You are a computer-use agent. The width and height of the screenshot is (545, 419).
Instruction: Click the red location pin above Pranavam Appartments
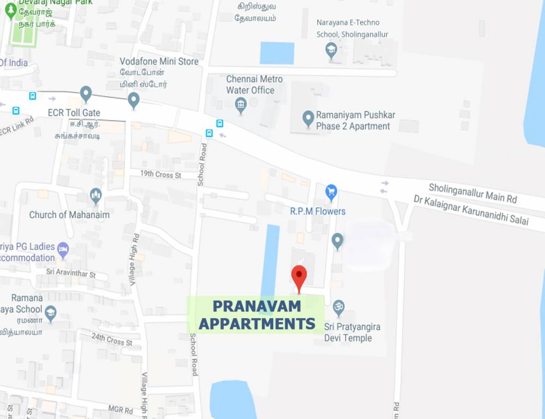point(299,277)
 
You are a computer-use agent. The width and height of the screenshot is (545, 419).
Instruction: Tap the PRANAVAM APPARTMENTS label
point(256,315)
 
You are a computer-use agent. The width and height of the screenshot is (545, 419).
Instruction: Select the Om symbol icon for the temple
point(339,307)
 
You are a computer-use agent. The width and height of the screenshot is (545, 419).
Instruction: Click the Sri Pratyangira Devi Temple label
point(352,332)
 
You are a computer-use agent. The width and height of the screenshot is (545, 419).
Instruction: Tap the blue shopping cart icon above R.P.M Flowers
point(331,192)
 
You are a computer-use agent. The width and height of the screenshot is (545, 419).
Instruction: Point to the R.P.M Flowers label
point(318,211)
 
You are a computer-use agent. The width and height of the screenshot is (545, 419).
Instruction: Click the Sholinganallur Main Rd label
point(472,193)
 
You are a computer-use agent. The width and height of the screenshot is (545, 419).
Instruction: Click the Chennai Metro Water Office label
point(254,85)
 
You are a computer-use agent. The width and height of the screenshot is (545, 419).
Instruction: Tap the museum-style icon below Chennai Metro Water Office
point(241,105)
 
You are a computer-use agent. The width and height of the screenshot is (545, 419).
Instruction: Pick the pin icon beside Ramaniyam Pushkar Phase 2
point(308,118)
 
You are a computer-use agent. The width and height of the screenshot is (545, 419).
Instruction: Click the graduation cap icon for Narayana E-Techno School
point(331,51)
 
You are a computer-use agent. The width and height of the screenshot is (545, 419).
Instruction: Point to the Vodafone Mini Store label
point(159,62)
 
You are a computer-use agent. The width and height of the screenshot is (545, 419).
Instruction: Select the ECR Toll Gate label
point(74,113)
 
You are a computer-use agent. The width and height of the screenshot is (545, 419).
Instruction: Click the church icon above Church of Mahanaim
point(96,196)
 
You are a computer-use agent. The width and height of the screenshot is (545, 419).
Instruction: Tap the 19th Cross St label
point(160,175)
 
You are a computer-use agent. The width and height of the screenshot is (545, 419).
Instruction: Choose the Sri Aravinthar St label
point(71,272)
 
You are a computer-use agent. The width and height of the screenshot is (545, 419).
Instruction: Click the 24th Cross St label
point(112,339)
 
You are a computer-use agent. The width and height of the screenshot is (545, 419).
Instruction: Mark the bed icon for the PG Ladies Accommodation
point(63,250)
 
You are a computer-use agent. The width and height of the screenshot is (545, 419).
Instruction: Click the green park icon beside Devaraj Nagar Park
point(10,11)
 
